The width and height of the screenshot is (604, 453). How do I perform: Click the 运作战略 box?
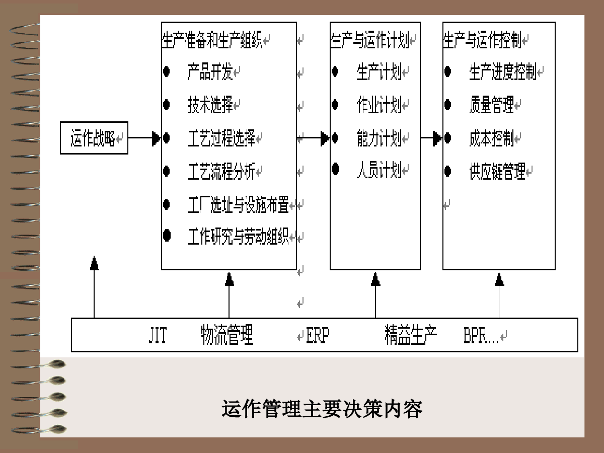tap(94, 138)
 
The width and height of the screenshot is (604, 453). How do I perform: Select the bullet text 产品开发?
tap(210, 72)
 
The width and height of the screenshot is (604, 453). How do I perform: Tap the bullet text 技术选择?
tap(210, 105)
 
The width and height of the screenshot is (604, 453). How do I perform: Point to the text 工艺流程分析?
tap(222, 171)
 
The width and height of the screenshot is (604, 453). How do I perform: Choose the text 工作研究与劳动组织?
tap(238, 236)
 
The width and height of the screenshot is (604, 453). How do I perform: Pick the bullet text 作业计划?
tap(379, 105)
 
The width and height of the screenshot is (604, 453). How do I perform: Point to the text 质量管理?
tap(492, 105)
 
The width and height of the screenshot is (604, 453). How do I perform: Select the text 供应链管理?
tap(497, 171)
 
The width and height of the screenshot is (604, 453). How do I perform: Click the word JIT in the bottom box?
tap(158, 335)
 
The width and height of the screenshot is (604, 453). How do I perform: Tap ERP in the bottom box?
tap(318, 335)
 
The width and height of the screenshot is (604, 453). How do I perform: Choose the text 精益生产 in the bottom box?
tap(411, 335)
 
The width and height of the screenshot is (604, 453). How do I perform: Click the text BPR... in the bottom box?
tap(481, 335)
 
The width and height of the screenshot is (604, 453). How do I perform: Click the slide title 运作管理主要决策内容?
tap(322, 409)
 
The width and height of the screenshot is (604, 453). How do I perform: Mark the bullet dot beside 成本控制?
tap(447, 138)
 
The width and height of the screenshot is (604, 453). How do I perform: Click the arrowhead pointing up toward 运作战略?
tap(95, 263)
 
